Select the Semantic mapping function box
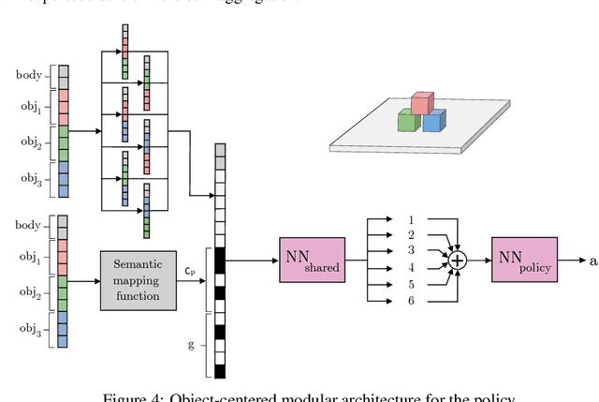(x=142, y=280)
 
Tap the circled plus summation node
(x=459, y=261)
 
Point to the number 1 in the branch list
(x=410, y=220)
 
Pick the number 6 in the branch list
(x=410, y=300)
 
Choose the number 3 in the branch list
(x=410, y=252)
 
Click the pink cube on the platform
(x=422, y=103)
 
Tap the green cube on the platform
(x=407, y=120)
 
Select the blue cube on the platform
(x=432, y=122)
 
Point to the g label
(x=192, y=344)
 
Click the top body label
(x=29, y=72)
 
